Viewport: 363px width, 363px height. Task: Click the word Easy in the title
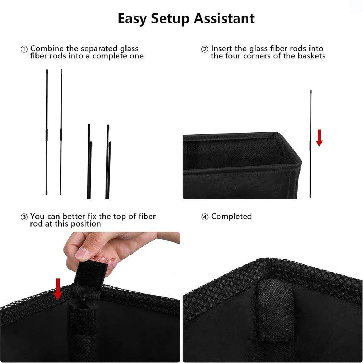click(132, 19)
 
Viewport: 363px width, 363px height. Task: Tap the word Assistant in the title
click(224, 18)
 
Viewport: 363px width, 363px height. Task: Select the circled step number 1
click(24, 49)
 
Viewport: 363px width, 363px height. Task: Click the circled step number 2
click(205, 49)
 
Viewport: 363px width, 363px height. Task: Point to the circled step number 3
click(24, 217)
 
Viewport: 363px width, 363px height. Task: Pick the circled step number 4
click(205, 217)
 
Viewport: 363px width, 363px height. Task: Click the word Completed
click(231, 217)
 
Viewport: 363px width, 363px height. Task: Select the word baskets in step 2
click(312, 56)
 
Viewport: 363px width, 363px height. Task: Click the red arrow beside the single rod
click(319, 138)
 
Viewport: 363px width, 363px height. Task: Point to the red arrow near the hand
click(58, 289)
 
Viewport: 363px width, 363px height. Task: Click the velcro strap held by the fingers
click(90, 274)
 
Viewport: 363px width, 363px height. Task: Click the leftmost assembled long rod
click(46, 133)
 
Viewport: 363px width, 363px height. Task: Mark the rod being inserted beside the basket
click(311, 144)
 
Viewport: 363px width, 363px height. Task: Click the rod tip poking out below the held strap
click(82, 301)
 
